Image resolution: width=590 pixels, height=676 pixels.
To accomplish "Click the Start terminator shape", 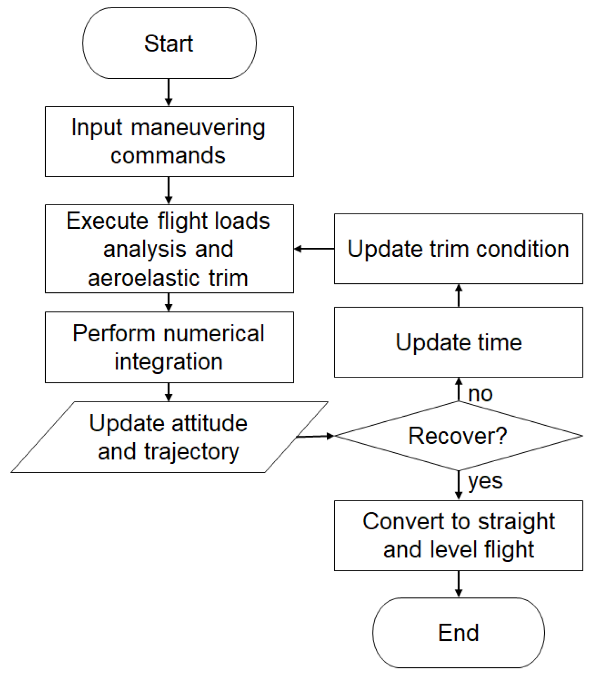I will pyautogui.click(x=169, y=43).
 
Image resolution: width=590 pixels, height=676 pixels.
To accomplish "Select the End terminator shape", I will pyautogui.click(x=458, y=632).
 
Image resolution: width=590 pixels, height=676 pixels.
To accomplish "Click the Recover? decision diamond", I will pyautogui.click(x=458, y=436).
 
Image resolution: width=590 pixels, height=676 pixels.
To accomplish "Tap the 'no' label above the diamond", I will pyautogui.click(x=480, y=394).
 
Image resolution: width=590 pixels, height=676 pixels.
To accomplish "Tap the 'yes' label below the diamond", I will pyautogui.click(x=485, y=481).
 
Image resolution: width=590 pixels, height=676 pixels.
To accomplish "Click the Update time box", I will pyautogui.click(x=458, y=342).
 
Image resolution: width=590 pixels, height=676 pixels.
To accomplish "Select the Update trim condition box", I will pyautogui.click(x=458, y=249).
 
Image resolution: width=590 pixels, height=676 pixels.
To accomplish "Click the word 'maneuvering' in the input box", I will pyautogui.click(x=198, y=128).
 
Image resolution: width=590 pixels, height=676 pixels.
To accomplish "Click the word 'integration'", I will pyautogui.click(x=168, y=361).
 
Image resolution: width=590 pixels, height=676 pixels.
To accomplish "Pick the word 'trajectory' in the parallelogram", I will pyautogui.click(x=191, y=452).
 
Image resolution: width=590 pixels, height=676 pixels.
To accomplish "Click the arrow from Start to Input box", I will pyautogui.click(x=168, y=92).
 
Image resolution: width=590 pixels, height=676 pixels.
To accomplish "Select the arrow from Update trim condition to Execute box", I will pyautogui.click(x=314, y=249).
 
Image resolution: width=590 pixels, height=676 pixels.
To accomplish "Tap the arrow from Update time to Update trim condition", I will pyautogui.click(x=458, y=296).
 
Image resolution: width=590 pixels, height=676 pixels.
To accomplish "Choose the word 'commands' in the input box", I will pyautogui.click(x=168, y=156).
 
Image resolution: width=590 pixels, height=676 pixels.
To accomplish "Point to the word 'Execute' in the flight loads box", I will pyautogui.click(x=107, y=221).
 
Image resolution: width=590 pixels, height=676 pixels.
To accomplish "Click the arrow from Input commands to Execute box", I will pyautogui.click(x=168, y=190).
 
